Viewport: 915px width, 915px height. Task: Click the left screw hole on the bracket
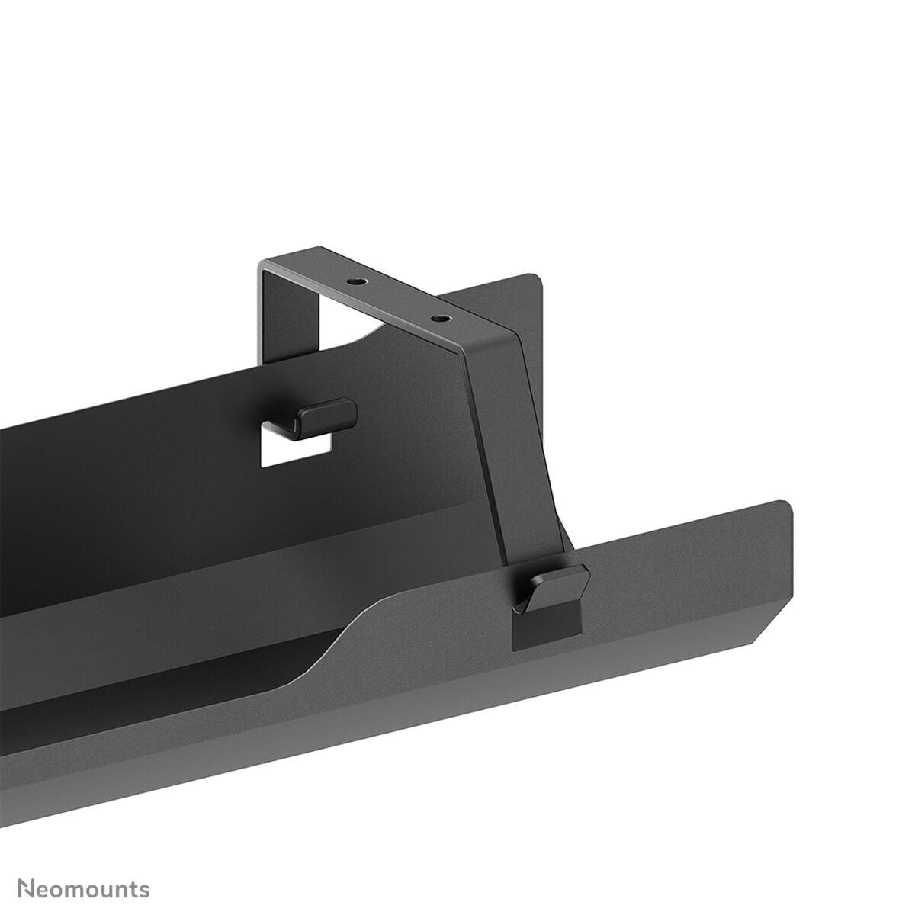pos(352,281)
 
